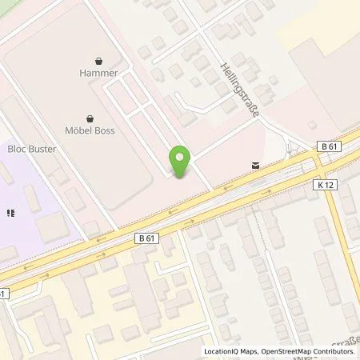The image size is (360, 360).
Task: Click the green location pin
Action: pos(182,162)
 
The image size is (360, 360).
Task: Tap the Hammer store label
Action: pos(98,73)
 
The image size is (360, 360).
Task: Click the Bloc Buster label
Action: pos(32,149)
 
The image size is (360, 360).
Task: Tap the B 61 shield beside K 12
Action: pos(327,146)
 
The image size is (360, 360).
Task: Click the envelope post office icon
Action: pos(254,165)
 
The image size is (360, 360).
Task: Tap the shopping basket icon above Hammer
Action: pos(98,60)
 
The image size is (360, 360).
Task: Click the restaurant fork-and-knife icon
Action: pos(11,214)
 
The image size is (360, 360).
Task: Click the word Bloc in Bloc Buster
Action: pos(16,149)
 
